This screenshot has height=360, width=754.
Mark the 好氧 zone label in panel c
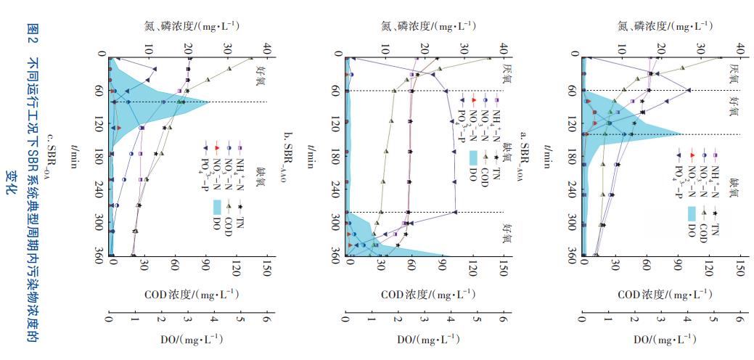click(260, 75)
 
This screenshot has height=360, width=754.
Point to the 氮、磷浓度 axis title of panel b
click(428, 26)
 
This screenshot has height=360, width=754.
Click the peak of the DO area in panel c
click(209, 102)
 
